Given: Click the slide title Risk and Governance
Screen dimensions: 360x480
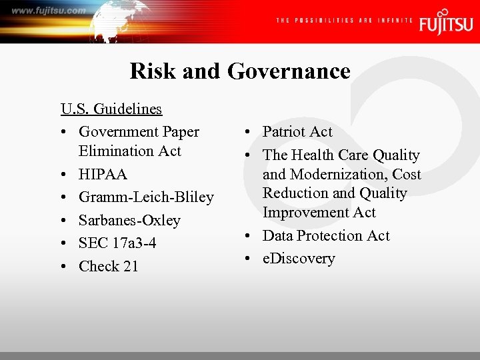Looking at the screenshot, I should tap(240, 71).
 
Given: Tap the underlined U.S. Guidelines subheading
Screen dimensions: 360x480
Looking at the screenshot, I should tap(111, 109).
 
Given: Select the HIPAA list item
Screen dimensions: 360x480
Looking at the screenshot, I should tap(103, 174).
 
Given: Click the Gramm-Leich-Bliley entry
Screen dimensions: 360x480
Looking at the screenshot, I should tap(146, 197).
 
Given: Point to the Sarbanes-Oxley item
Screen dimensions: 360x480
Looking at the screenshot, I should tap(129, 220).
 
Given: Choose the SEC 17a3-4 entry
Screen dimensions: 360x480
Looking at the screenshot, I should tap(117, 243).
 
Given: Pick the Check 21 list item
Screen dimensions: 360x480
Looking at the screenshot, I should tap(108, 266).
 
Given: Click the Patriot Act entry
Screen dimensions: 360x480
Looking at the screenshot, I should tap(297, 132).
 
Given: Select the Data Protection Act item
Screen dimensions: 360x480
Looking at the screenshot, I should tap(326, 236).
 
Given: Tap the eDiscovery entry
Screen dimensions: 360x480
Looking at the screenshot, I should tap(299, 259).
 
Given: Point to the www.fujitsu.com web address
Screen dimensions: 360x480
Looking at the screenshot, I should tap(48, 10).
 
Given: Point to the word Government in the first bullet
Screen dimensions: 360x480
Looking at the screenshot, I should tap(119, 132).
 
